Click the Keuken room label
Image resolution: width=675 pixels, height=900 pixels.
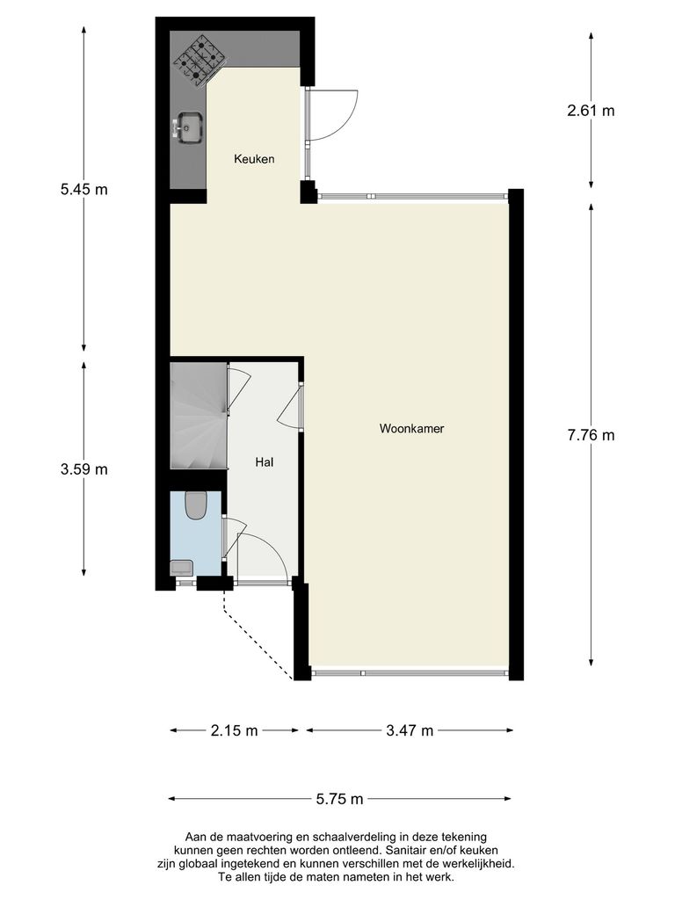pos(254,159)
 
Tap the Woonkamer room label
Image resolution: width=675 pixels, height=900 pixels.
pos(411,430)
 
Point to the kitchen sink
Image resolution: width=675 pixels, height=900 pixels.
pos(189,127)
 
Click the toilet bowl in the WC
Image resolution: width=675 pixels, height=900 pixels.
pos(196,504)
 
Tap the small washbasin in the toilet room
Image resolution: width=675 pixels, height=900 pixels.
pos(182,568)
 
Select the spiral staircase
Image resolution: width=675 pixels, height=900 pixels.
pos(198,417)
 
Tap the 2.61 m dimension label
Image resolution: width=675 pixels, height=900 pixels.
pos(591,111)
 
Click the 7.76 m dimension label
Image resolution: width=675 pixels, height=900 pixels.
pos(591,435)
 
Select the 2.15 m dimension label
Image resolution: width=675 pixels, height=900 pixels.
pos(235,730)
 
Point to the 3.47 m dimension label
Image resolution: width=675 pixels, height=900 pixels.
pos(410,730)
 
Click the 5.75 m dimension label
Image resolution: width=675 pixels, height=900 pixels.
pos(339,799)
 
